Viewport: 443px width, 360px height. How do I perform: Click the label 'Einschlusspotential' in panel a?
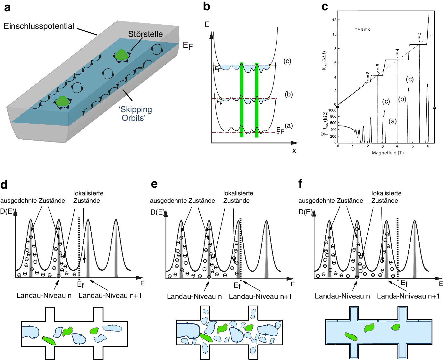coord(39,26)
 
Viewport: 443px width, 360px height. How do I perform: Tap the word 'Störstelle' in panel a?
coord(145,34)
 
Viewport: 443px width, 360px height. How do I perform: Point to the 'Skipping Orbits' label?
coord(135,114)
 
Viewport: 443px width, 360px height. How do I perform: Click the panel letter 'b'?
coord(207,7)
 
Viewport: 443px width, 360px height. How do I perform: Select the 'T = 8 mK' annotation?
coord(362,29)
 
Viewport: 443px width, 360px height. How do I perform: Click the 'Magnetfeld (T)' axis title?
coord(388,153)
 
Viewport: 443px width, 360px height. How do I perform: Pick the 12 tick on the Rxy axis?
coord(334,20)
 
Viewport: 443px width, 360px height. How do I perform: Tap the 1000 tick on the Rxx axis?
coord(332,110)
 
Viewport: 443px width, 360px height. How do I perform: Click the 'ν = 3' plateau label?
coord(419,37)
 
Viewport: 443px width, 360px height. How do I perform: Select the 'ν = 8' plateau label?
coord(368,77)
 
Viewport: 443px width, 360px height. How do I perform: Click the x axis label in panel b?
coord(294,151)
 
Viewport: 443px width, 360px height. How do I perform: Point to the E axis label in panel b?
coord(207,24)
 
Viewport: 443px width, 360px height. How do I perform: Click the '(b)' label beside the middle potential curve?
coord(289,94)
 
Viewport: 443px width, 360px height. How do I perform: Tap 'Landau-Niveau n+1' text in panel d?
coord(110,295)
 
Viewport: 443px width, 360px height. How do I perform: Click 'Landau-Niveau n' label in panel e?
coord(194,297)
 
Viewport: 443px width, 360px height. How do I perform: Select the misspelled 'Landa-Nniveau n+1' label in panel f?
coord(408,296)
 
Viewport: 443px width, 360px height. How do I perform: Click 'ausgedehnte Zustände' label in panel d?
coord(33,201)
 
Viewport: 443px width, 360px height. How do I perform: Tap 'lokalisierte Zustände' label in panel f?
coord(386,197)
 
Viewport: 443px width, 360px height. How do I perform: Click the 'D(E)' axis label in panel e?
coord(157,212)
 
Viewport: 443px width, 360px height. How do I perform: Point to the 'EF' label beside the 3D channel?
coord(188,45)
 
